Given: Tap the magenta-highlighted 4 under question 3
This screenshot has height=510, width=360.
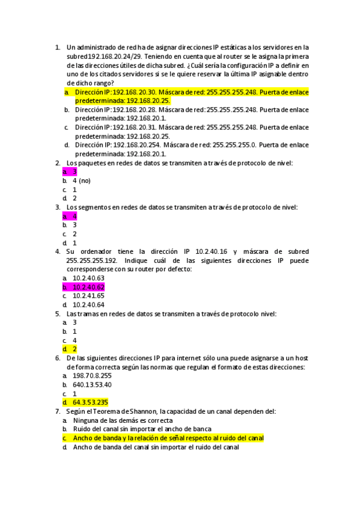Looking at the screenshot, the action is (75, 216).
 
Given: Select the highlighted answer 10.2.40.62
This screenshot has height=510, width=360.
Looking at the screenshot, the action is (88, 287).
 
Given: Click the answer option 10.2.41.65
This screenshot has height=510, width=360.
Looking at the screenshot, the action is (88, 296).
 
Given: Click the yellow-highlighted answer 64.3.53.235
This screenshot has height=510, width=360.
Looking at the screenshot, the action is (90, 402).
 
